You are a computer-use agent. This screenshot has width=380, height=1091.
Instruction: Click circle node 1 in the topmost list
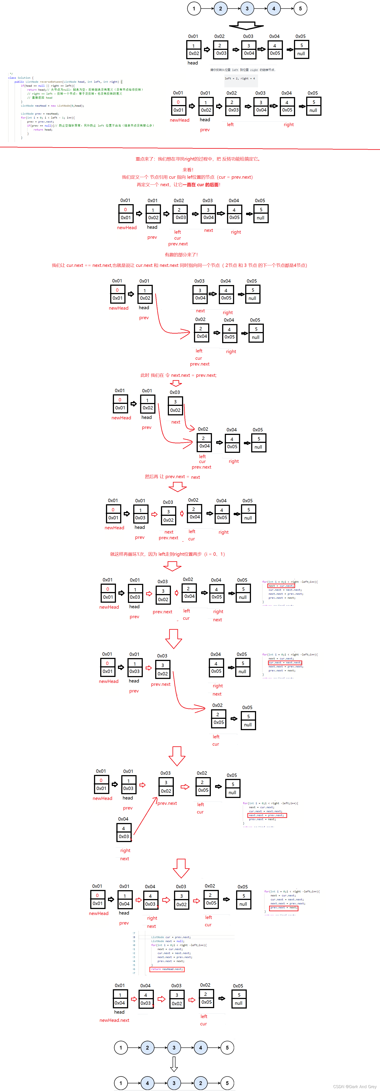[194, 8]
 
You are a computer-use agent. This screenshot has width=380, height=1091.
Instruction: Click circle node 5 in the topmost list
[300, 8]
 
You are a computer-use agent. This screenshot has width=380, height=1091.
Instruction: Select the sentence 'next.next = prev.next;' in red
[178, 375]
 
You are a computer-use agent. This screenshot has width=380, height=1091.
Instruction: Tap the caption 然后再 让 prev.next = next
[172, 477]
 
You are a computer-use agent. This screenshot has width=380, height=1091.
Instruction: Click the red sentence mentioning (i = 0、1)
[167, 554]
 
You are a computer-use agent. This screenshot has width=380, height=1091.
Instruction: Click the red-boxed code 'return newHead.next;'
[167, 969]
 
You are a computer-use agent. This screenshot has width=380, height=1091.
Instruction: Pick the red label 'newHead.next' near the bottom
[114, 1020]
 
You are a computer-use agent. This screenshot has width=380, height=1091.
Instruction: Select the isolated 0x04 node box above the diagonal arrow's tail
[124, 832]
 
